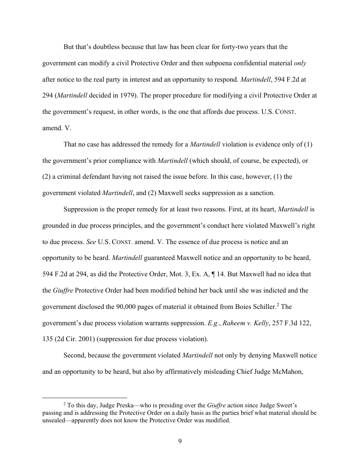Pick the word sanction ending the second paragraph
coord(270,193)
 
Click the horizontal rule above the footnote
coord(84,397)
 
